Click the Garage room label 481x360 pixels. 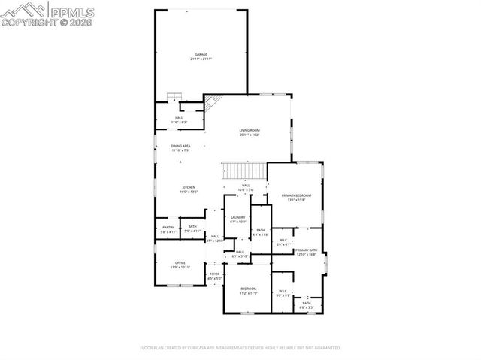coord(201,56)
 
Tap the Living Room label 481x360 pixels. coord(250,132)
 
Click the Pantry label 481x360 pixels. coord(168,229)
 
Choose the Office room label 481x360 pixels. coord(180,265)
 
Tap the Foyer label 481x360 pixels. coord(214,276)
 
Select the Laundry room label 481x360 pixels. coord(237,219)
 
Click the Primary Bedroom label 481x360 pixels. coord(296,197)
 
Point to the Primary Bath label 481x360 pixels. coord(306,252)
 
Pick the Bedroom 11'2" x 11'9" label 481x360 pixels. coord(249,291)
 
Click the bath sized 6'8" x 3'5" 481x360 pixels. coord(307,305)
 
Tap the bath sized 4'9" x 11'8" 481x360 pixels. coord(260,232)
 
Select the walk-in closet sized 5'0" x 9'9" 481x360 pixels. coord(283,293)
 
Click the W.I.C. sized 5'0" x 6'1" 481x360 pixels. coord(283,242)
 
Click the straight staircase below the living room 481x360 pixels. coord(244,171)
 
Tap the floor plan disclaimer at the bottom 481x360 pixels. coord(240,348)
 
